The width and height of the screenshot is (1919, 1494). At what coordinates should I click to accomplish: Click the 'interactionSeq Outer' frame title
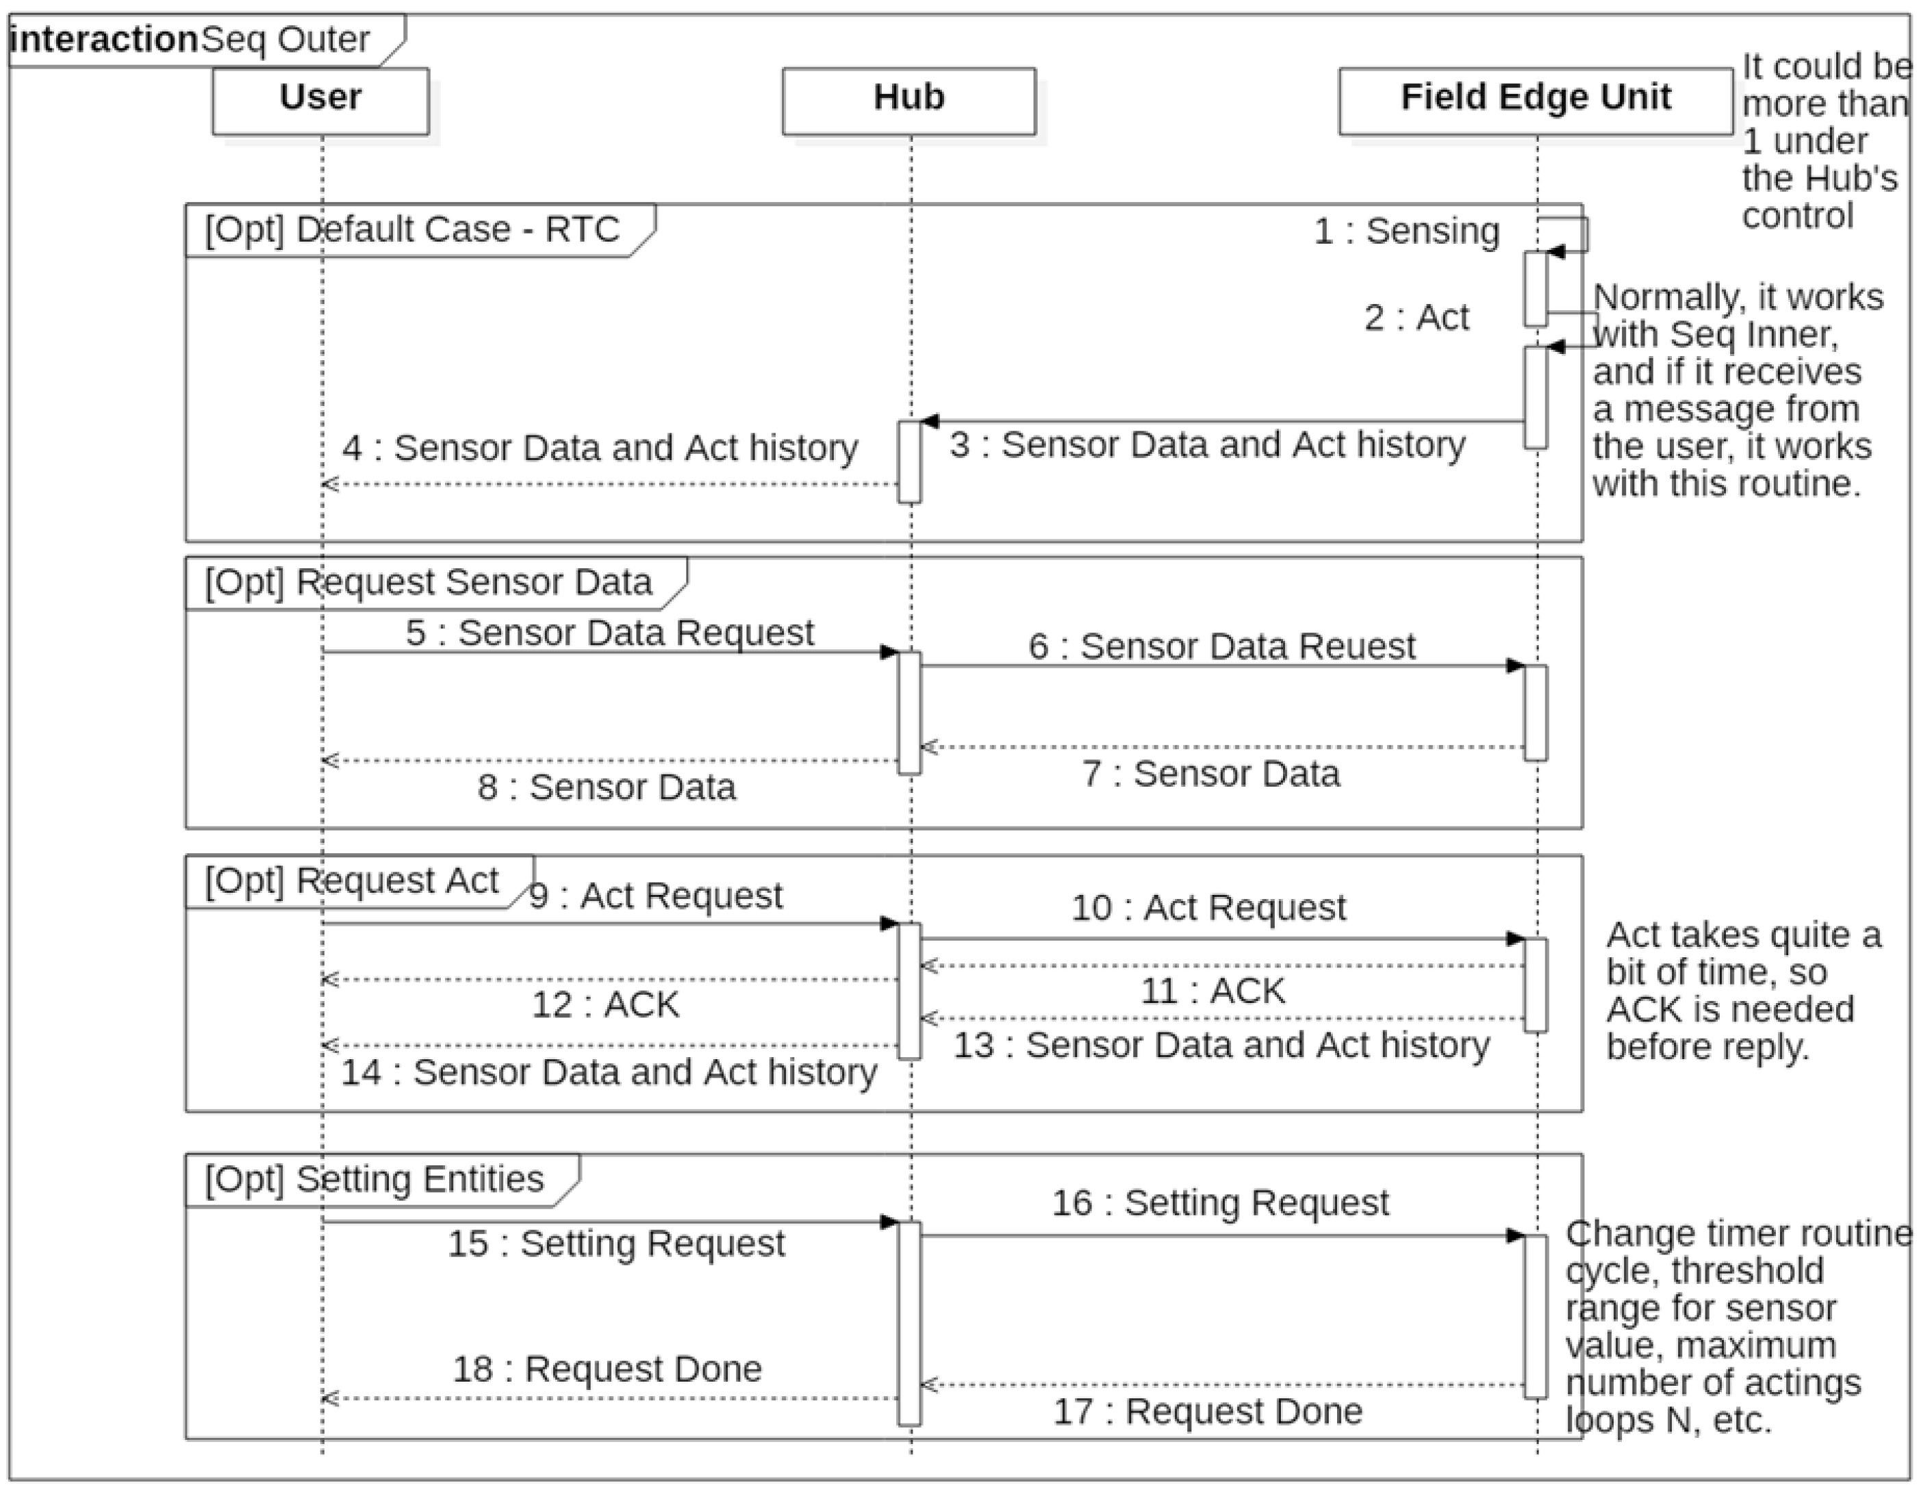click(x=192, y=40)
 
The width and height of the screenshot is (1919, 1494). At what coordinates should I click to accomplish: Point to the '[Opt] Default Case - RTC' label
click(x=413, y=230)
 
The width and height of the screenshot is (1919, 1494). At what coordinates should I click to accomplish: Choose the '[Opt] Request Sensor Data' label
click(x=429, y=583)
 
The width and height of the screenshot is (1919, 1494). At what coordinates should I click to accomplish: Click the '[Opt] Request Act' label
click(x=351, y=881)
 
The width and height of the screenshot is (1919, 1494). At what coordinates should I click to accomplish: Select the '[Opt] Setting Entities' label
click(x=374, y=1179)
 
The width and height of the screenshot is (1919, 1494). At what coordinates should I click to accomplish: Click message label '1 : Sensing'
click(x=1406, y=232)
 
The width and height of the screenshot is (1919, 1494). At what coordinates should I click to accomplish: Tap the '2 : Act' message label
click(x=1416, y=318)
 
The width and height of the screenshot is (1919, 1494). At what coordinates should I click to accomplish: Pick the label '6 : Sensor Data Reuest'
click(x=1221, y=647)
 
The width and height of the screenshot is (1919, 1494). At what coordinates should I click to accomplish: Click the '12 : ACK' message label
click(x=605, y=1005)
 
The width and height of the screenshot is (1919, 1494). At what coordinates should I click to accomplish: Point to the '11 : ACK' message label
click(x=1212, y=991)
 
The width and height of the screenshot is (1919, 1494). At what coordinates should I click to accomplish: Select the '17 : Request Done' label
click(x=1208, y=1411)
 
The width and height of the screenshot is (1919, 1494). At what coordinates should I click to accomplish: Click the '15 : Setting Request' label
click(x=616, y=1244)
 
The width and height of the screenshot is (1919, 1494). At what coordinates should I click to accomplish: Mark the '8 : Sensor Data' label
click(x=607, y=787)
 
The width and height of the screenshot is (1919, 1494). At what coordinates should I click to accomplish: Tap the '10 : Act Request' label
click(x=1208, y=908)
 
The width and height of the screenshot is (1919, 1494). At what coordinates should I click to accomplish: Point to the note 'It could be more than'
click(x=1823, y=140)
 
